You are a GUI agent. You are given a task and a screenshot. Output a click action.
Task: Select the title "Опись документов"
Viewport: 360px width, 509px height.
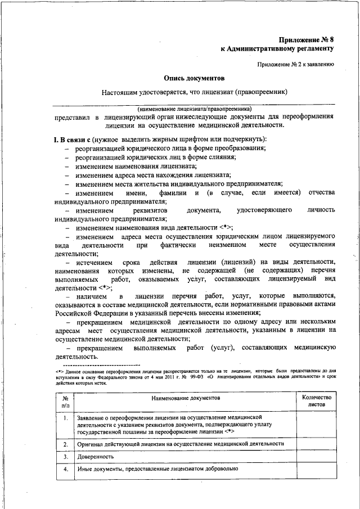(194, 79)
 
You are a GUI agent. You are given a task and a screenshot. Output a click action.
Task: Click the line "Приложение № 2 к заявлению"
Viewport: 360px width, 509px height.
(296, 64)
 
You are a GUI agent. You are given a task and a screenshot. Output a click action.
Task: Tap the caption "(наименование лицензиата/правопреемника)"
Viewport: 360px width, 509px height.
(194, 108)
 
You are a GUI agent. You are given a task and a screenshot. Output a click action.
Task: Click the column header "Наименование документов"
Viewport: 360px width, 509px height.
(185, 398)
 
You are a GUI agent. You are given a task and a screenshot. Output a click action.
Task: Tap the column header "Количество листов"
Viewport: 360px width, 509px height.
(317, 401)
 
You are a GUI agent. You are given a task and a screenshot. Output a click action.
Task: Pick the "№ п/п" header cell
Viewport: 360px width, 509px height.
(66, 401)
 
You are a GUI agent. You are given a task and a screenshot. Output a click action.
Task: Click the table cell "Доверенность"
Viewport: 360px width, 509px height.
(96, 456)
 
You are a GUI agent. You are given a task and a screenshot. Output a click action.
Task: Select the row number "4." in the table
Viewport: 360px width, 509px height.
(66, 469)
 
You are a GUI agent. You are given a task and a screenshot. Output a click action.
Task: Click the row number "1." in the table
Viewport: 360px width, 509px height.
(66, 418)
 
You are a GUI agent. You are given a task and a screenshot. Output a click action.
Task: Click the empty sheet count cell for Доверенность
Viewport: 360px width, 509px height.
(317, 456)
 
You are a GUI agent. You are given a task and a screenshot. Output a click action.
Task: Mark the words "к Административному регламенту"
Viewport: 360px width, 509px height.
(278, 49)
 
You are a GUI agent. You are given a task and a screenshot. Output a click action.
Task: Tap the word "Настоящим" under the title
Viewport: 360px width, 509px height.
(120, 92)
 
